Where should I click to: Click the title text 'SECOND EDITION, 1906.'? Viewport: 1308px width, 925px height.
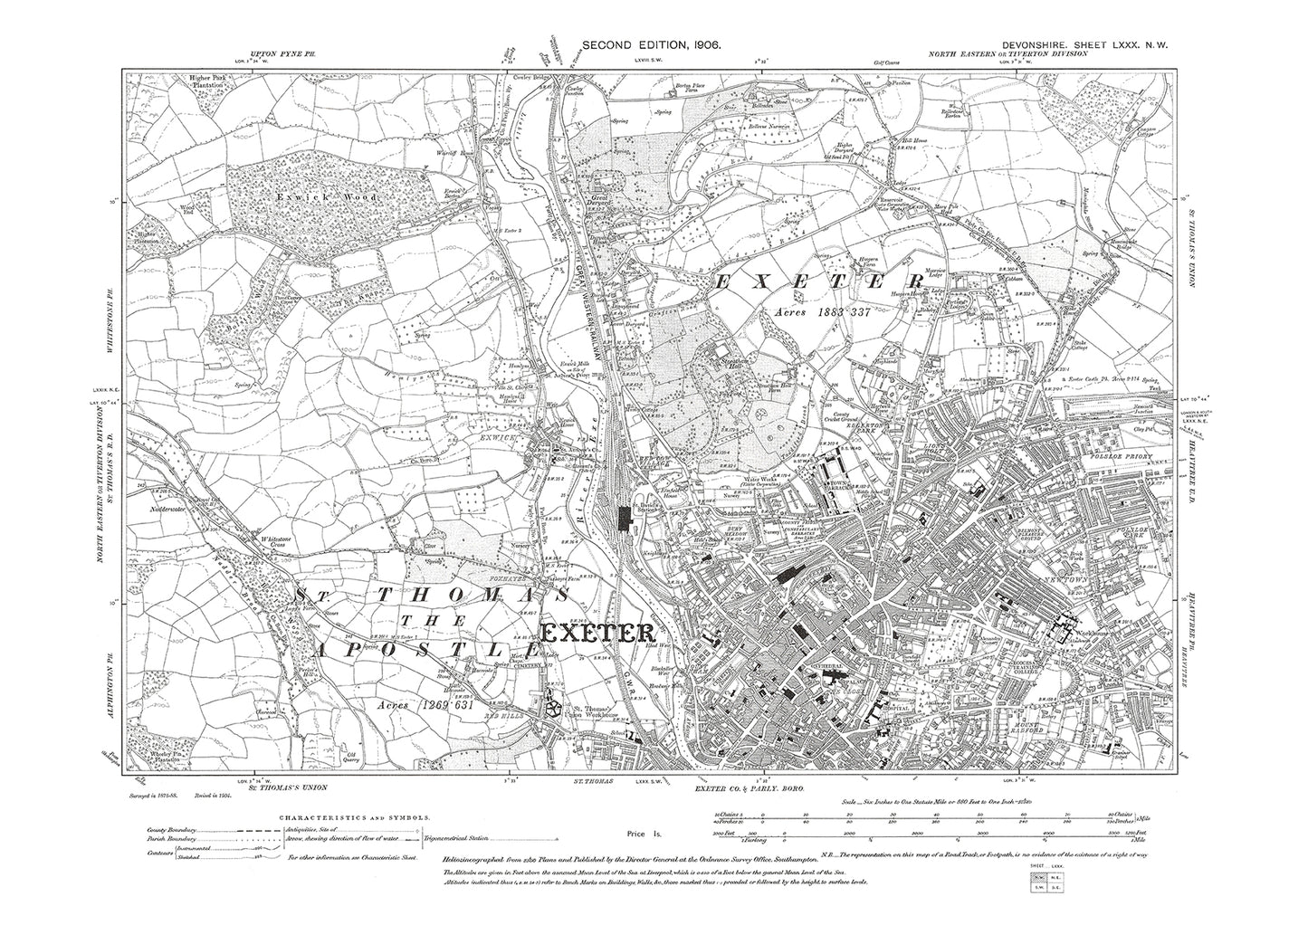(651, 44)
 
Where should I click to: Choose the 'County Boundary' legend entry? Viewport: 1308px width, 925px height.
(174, 830)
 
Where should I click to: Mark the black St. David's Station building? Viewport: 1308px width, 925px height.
(623, 519)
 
